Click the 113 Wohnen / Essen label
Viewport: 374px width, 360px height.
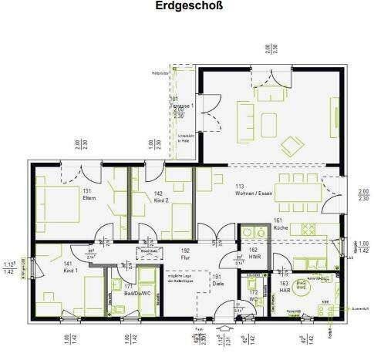(255, 190)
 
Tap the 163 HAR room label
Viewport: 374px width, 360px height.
(285, 286)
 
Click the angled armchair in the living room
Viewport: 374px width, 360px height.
(291, 144)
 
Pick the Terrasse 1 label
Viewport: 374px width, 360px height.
(178, 103)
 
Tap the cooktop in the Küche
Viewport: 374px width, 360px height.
(308, 229)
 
